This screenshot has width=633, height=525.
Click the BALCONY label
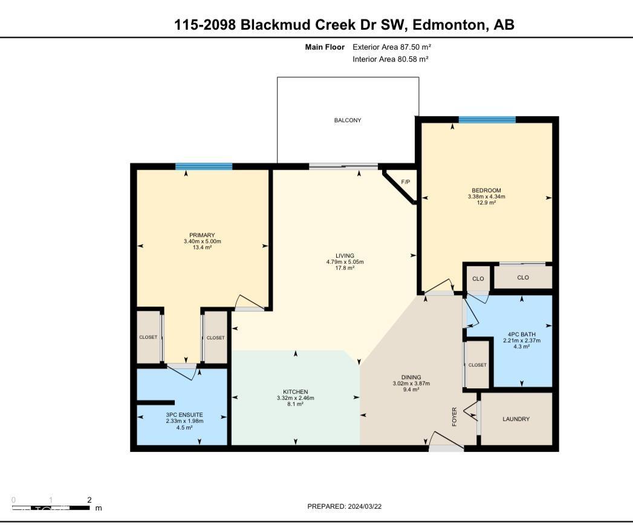(x=348, y=120)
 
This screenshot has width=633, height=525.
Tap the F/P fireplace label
(x=405, y=182)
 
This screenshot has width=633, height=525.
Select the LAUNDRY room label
(x=516, y=419)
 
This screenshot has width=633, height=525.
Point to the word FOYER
(x=455, y=417)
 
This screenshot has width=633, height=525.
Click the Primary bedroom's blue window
(x=204, y=167)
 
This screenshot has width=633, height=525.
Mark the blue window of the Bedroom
(x=487, y=120)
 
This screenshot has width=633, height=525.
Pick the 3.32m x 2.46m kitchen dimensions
(x=295, y=398)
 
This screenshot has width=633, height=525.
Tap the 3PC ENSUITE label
(x=180, y=415)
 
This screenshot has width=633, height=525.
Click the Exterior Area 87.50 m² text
(x=392, y=47)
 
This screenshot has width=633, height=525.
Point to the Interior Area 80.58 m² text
(x=391, y=59)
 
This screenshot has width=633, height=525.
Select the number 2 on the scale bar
(x=89, y=500)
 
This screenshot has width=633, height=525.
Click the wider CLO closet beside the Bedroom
(x=523, y=278)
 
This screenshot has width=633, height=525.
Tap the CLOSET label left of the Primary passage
(x=148, y=337)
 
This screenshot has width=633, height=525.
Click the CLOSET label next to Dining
(x=478, y=365)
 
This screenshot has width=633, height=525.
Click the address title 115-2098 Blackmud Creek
(x=344, y=25)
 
